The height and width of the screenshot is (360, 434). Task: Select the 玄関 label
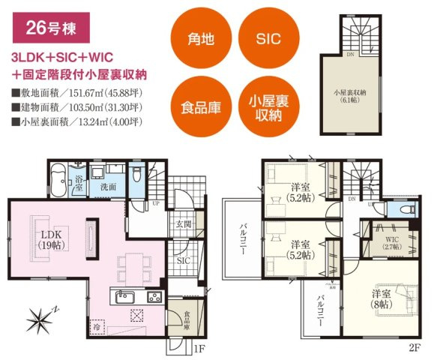[183, 223]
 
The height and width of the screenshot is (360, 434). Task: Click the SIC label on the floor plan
[184, 259]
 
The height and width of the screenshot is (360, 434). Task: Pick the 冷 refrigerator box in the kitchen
[97, 326]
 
